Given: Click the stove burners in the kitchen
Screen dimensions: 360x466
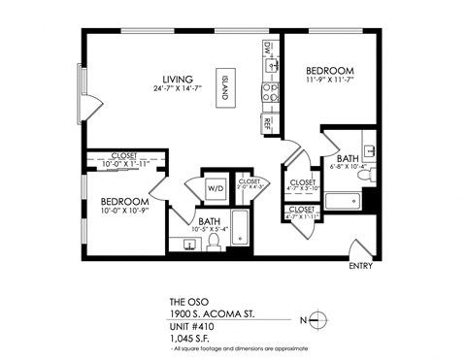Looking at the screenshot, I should pos(269,93).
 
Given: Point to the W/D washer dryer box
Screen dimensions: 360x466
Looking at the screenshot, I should pos(215,189).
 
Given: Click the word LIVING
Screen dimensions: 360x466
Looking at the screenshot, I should pos(178,79).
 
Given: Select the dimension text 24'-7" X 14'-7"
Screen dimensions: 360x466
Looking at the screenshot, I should pos(178,90).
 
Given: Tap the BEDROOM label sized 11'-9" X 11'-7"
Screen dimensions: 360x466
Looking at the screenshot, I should pos(330,71).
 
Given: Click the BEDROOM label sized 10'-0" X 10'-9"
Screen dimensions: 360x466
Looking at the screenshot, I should pos(124,203).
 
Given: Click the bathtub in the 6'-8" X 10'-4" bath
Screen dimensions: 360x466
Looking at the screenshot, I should pos(341,202).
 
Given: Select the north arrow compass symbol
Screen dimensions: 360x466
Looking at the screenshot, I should pos(323,320).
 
